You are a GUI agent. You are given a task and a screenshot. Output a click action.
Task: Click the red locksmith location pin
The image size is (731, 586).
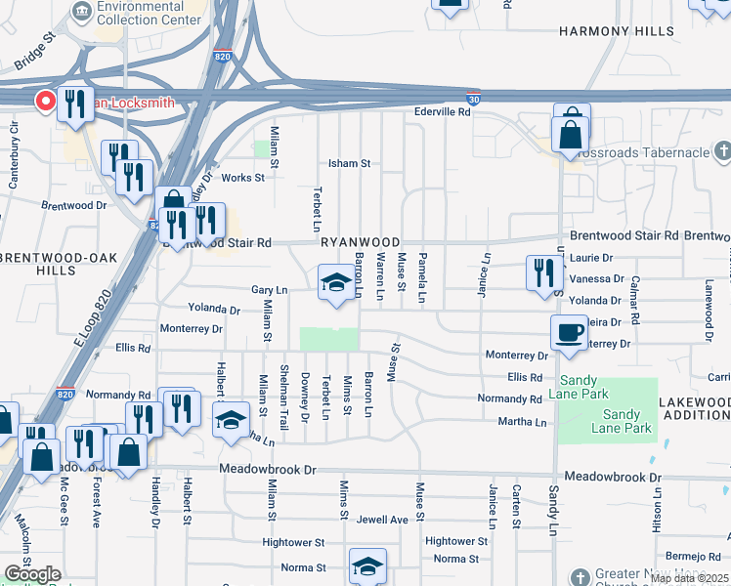click(x=45, y=101)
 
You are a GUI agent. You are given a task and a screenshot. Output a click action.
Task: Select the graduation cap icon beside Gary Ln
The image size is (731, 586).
click(x=336, y=282)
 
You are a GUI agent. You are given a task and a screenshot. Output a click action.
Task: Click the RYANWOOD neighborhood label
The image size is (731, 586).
click(x=359, y=242)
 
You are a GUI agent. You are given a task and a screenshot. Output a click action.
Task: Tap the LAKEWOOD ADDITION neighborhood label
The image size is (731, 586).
click(x=694, y=408)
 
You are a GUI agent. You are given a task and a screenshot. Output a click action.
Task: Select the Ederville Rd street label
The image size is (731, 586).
click(x=443, y=112)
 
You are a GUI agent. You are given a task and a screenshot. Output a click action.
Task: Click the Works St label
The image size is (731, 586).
click(x=242, y=178)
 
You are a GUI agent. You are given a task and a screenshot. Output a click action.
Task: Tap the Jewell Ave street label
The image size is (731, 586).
click(x=382, y=520)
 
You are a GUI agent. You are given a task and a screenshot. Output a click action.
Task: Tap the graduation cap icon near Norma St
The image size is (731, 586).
click(x=367, y=565)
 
